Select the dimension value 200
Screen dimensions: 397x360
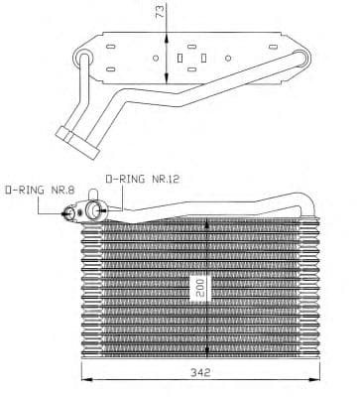point(199,289)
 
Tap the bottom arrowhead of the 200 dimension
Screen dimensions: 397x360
point(206,353)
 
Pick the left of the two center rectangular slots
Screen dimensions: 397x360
point(179,59)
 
